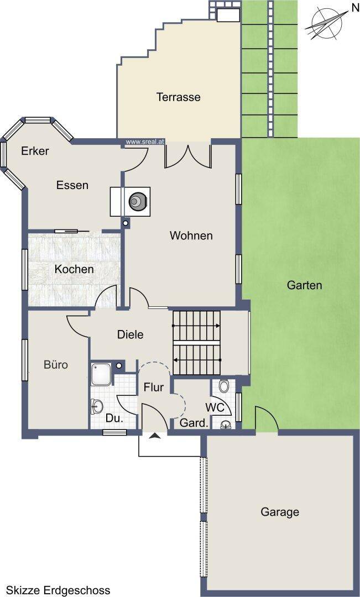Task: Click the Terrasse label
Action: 178,97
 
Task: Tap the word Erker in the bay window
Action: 35,151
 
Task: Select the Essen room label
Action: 72,185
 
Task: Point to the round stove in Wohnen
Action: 137,200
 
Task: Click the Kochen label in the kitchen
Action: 74,269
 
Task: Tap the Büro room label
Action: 56,365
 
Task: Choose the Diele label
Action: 131,334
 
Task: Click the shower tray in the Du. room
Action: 101,374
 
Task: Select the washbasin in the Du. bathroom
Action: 96,406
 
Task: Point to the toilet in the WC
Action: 223,386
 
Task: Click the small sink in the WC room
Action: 226,424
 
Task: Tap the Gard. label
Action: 194,423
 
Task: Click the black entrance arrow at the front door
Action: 154,436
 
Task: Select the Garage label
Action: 280,512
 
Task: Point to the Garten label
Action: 304,285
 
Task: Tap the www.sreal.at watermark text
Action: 145,142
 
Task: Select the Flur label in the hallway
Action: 154,387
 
